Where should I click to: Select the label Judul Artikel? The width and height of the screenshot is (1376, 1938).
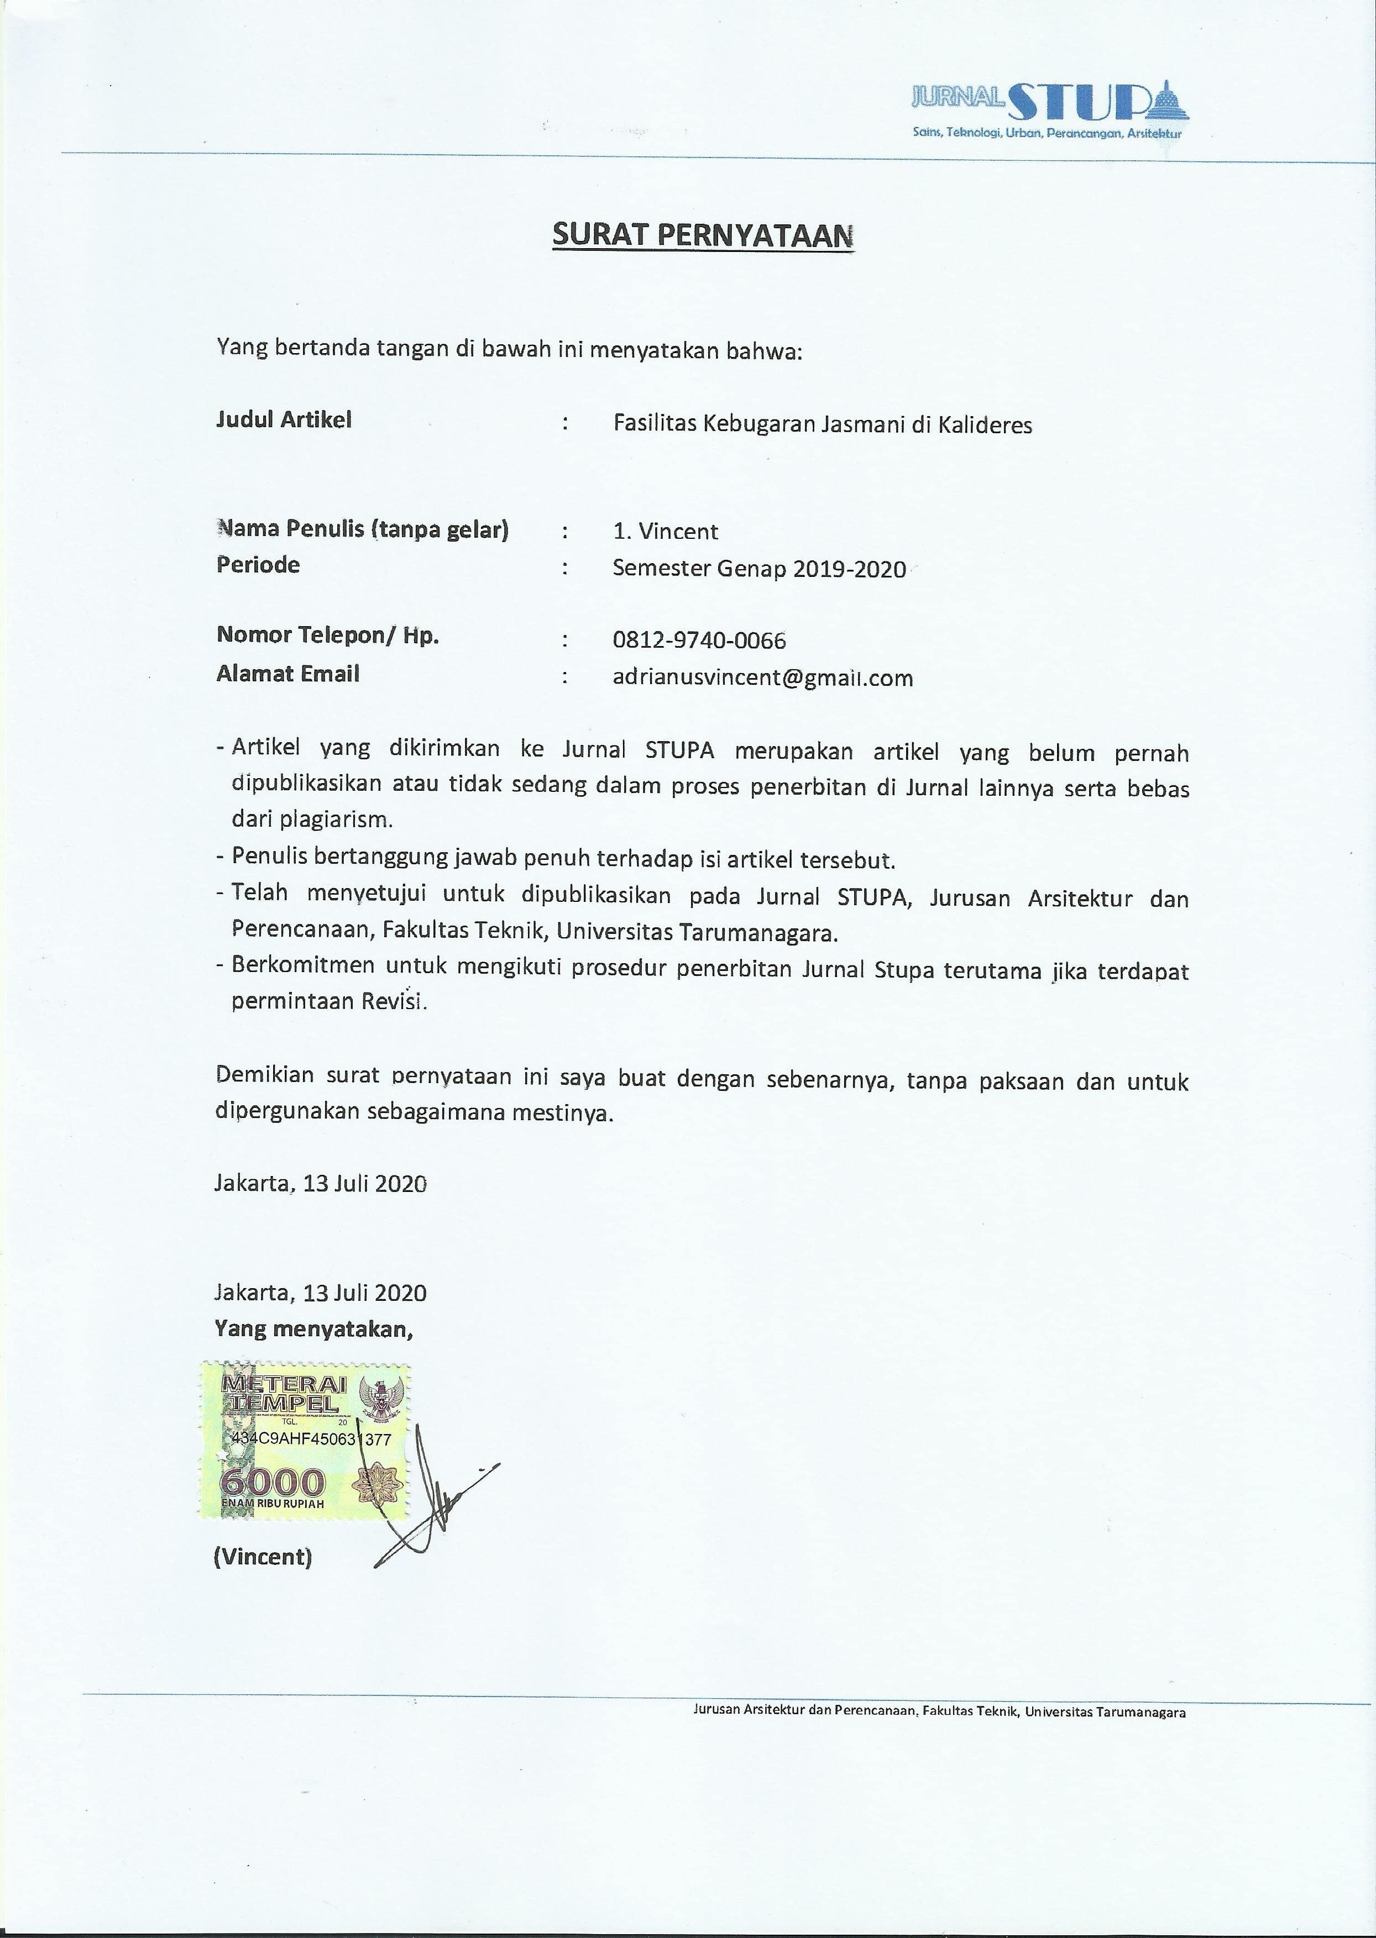pyautogui.click(x=284, y=419)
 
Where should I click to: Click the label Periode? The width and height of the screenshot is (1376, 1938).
pyautogui.click(x=258, y=565)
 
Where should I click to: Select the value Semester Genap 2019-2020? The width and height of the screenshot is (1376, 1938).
pyautogui.click(x=759, y=568)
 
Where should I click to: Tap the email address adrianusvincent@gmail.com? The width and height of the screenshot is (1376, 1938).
pyautogui.click(x=762, y=677)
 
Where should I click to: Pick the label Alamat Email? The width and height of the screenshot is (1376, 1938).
pyautogui.click(x=287, y=674)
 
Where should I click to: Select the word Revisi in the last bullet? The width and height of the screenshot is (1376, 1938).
pyautogui.click(x=394, y=1001)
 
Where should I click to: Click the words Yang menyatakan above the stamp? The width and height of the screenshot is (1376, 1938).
pyautogui.click(x=313, y=1329)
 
